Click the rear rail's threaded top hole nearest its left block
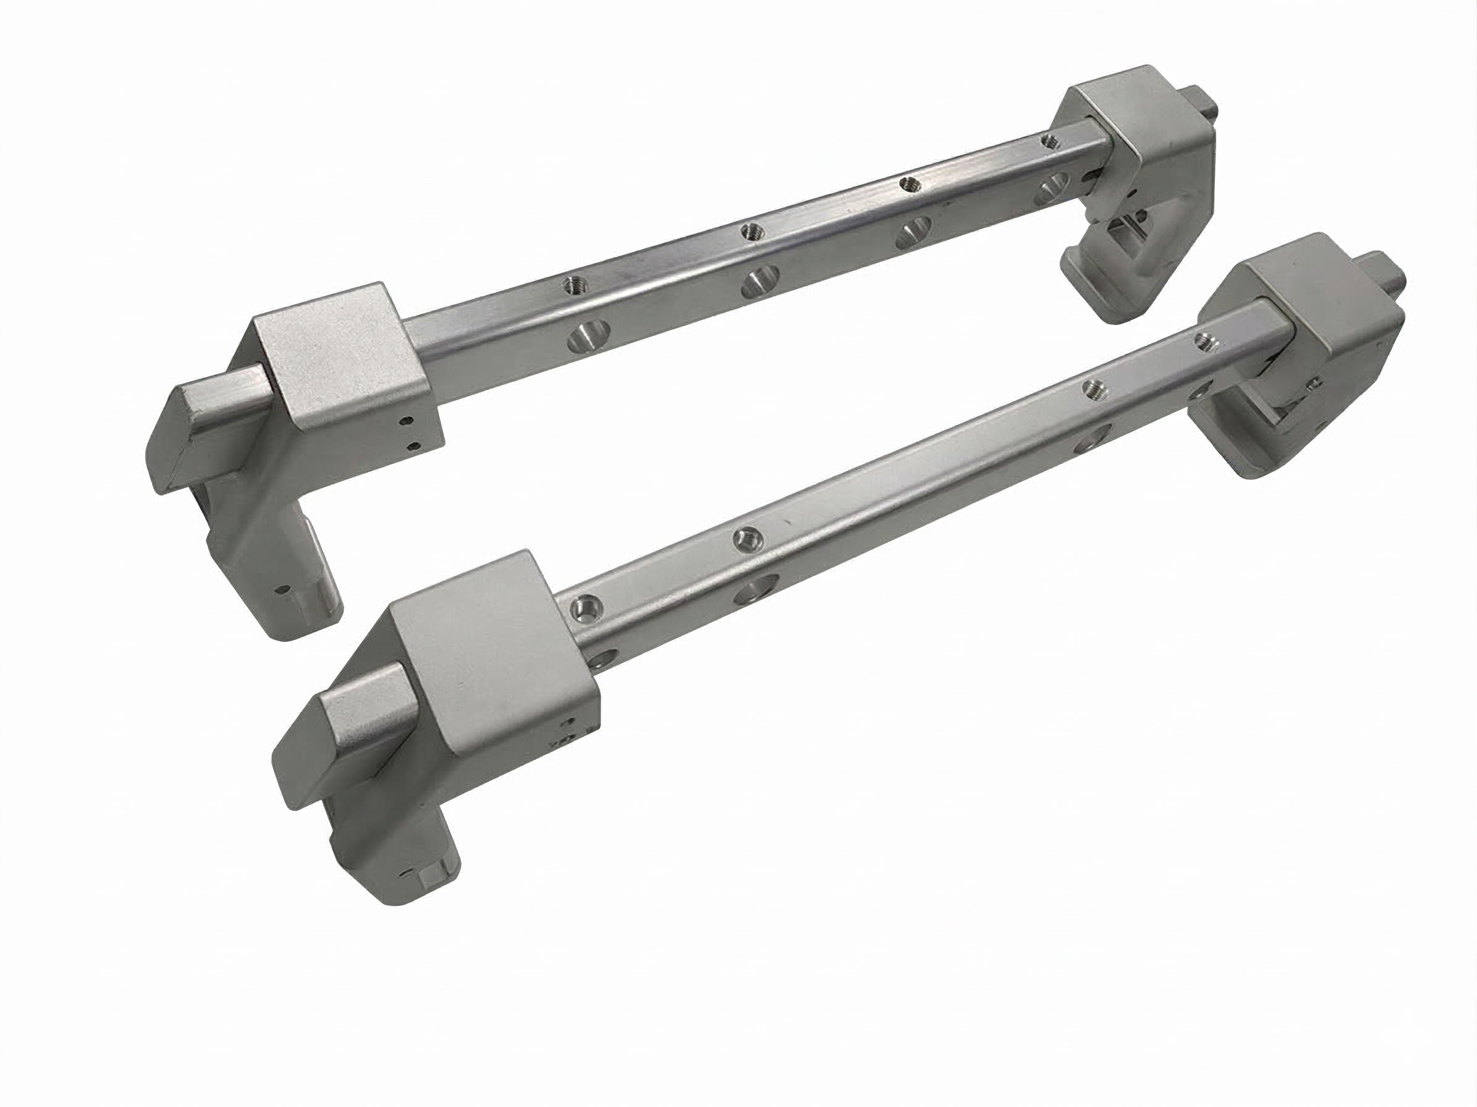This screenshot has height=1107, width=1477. pos(574,286)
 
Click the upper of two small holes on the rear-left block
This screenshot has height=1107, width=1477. pos(405,422)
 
